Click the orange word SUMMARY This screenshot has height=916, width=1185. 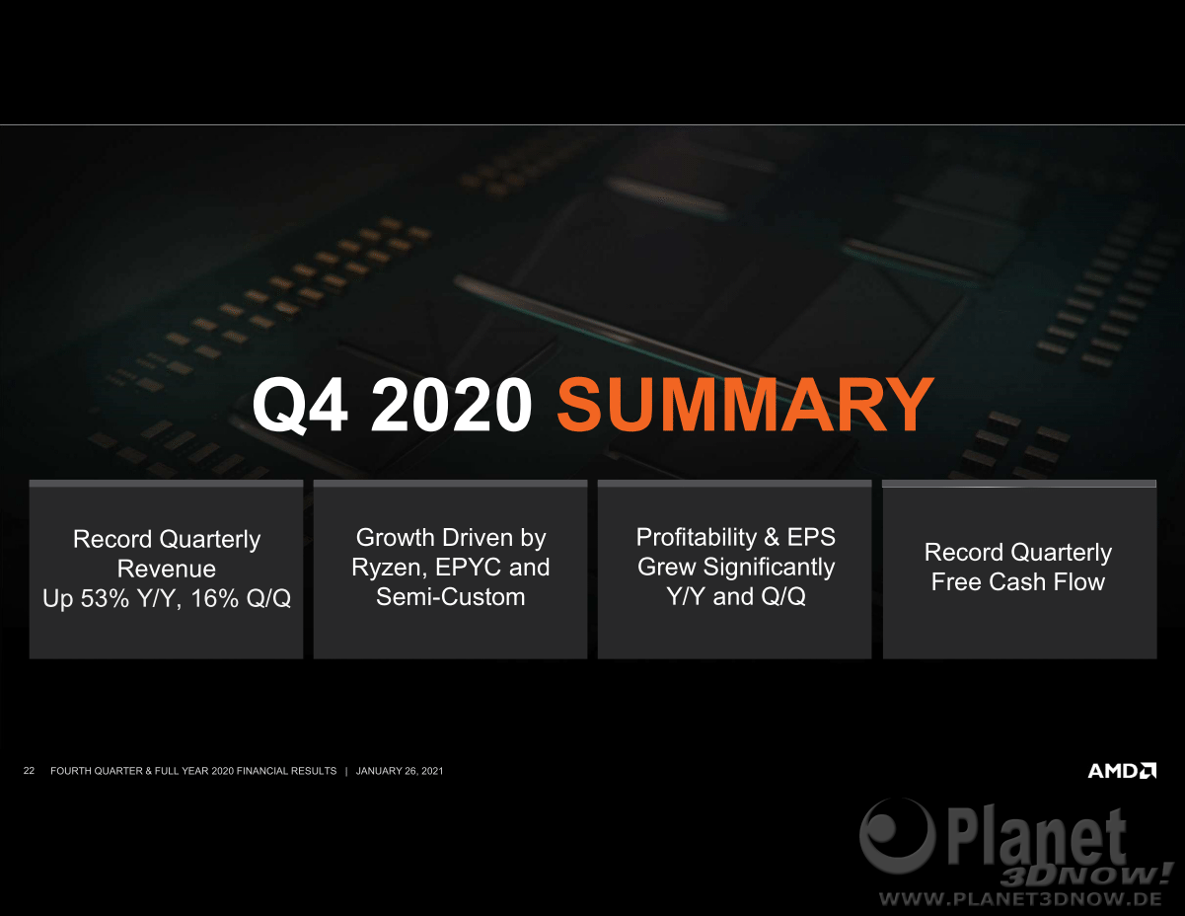tap(745, 405)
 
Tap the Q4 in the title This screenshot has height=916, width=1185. tap(299, 406)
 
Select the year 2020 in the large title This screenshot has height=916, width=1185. tap(452, 405)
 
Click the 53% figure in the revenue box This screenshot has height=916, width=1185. tap(106, 598)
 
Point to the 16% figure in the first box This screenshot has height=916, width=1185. tap(215, 598)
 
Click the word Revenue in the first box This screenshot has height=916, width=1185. tap(167, 569)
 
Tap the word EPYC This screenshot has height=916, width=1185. tap(469, 568)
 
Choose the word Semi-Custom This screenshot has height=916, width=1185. tap(451, 597)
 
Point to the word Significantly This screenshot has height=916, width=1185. tap(769, 568)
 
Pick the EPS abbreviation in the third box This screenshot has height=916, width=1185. tap(811, 537)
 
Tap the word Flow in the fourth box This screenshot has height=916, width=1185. tap(1079, 581)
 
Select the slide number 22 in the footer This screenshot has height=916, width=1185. tap(29, 770)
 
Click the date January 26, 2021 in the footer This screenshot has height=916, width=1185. tap(400, 771)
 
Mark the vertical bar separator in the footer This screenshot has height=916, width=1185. tap(346, 771)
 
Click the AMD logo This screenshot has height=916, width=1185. tap(1122, 770)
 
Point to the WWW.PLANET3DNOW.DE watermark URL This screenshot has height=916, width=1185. tap(1021, 898)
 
